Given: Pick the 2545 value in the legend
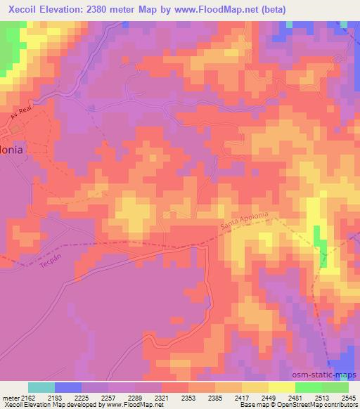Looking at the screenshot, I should click(x=349, y=398).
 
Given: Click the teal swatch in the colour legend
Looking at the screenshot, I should click(x=41, y=388).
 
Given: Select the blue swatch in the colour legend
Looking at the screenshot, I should click(x=68, y=388).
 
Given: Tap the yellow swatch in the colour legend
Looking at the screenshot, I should click(x=282, y=388).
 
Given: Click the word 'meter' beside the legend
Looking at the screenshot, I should click(x=11, y=398).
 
